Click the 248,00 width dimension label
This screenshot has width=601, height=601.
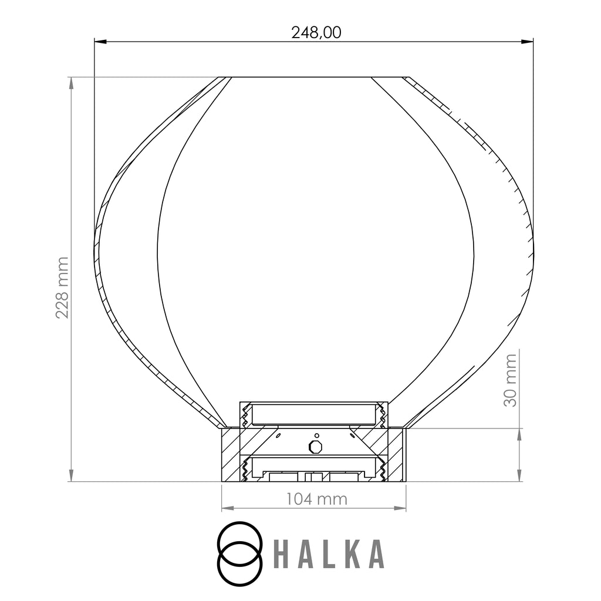coord(316,33)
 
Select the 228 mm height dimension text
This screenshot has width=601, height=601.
coord(62,288)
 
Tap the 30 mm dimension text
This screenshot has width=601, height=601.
coord(510,380)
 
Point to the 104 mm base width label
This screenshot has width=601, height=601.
coord(316,499)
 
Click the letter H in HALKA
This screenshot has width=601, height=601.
coord(281,554)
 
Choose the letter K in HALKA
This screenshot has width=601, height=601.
coord(353,554)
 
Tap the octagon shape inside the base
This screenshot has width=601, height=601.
coord(316,447)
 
